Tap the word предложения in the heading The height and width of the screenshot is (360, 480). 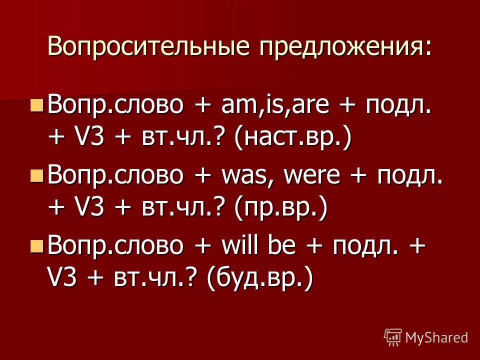click(x=344, y=47)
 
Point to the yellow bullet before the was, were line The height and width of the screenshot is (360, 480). click(x=36, y=175)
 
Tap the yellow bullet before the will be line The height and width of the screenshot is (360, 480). click(x=36, y=245)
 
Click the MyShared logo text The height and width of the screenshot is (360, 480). click(x=436, y=337)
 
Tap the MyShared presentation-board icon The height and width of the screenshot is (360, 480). click(x=392, y=337)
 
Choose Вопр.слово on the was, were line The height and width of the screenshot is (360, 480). click(x=115, y=177)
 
